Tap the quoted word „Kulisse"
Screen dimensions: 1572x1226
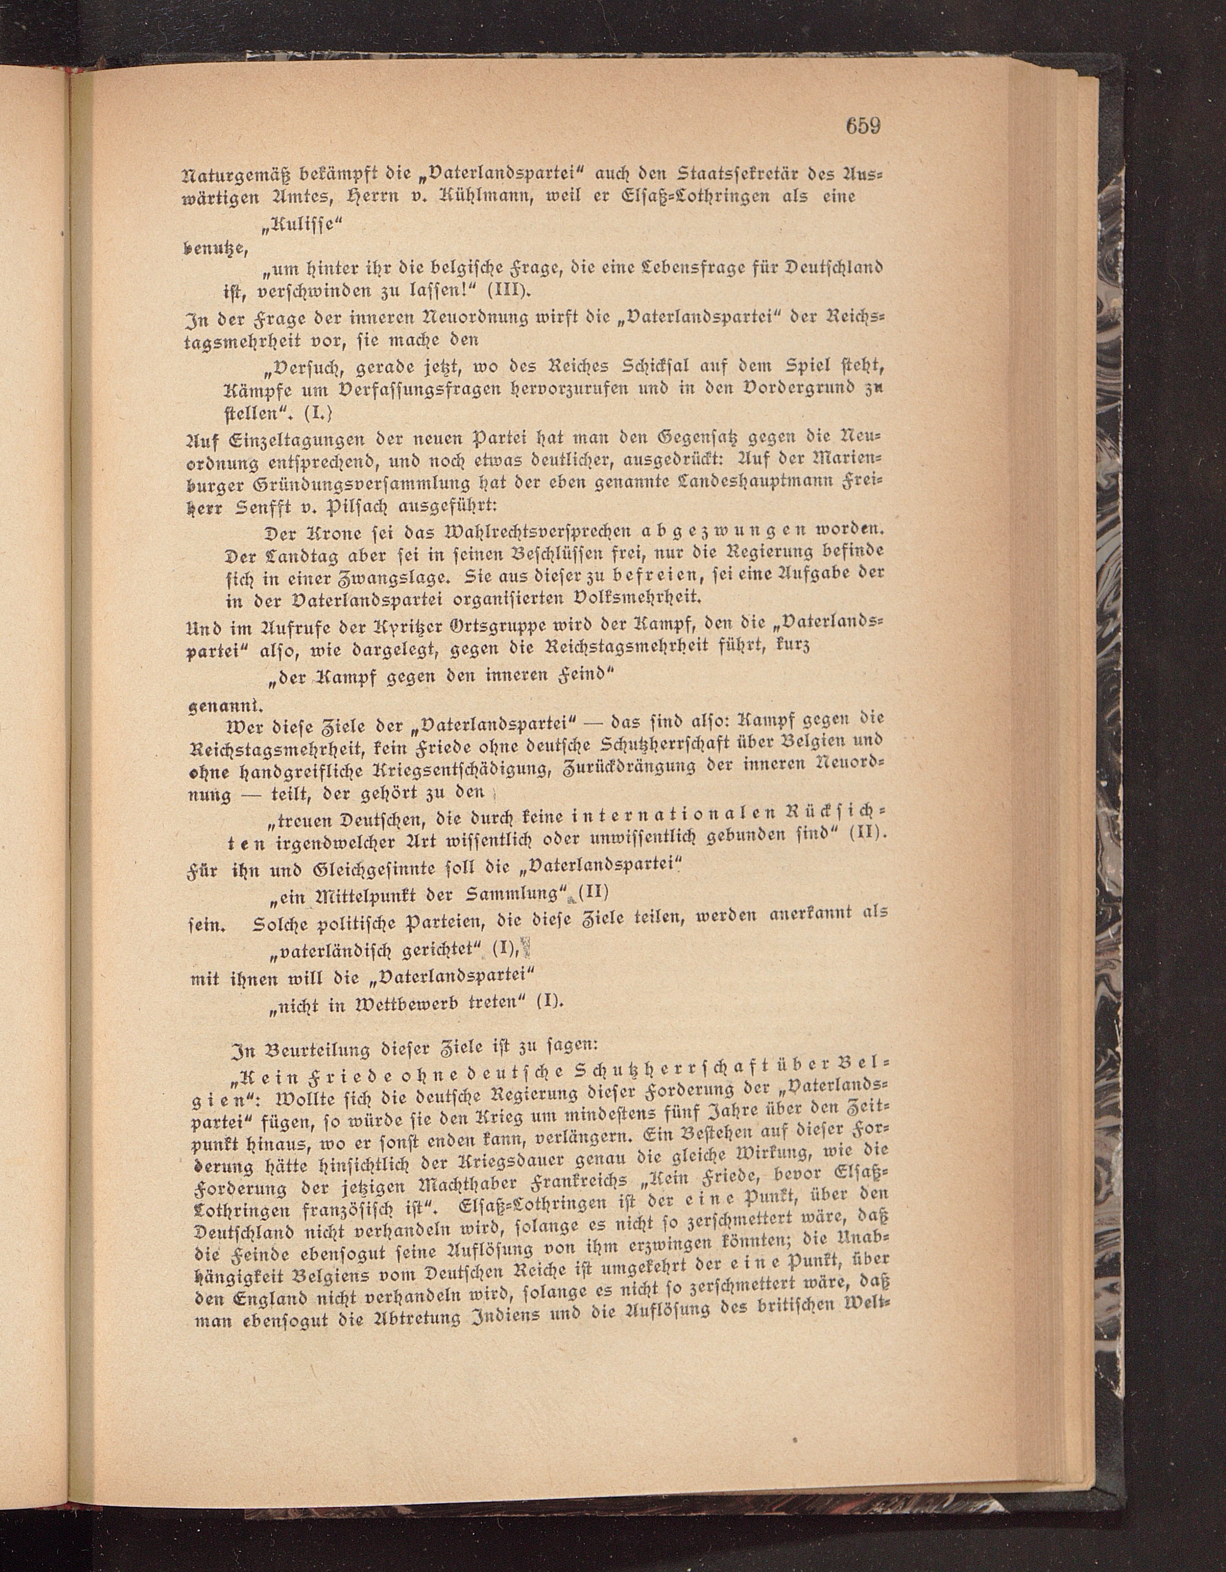point(302,224)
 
